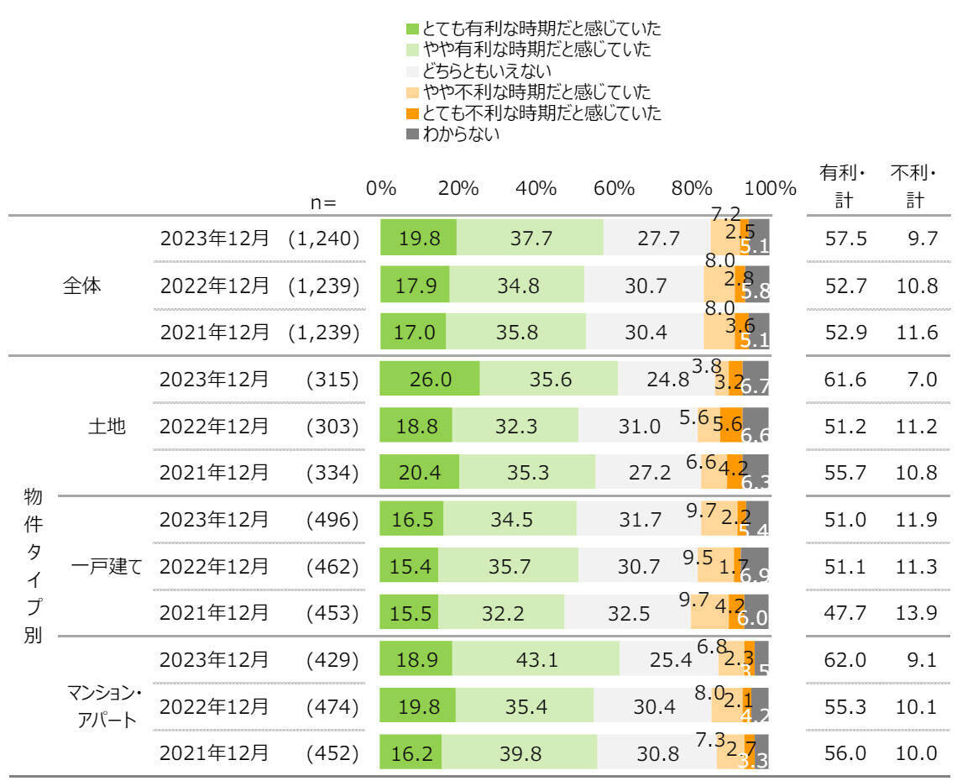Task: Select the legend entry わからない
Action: pos(460,133)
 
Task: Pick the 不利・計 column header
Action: pos(913,187)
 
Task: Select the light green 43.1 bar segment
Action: pos(536,658)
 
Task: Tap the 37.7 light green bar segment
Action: pos(530,238)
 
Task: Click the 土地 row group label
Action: pos(107,426)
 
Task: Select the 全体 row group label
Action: pos(81,286)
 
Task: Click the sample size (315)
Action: pos(332,379)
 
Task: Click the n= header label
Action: pos(323,202)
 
